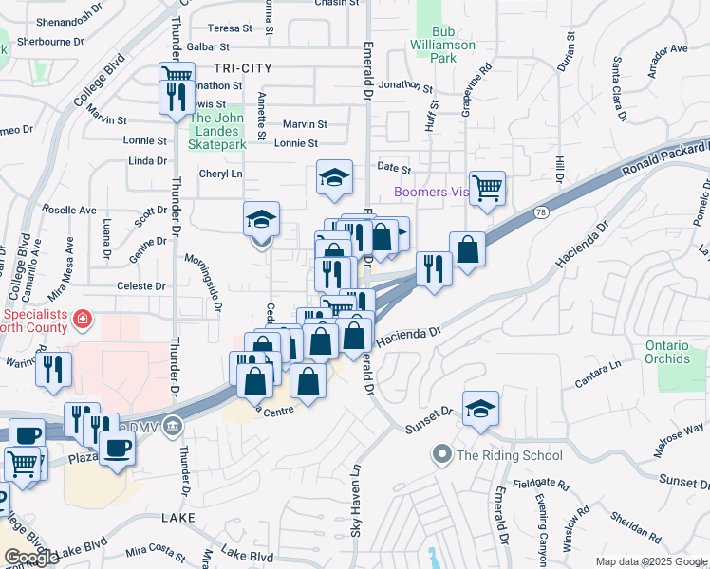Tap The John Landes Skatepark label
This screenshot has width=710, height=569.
click(x=218, y=131)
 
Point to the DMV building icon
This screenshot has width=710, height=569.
click(x=172, y=424)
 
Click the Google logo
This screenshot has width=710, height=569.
click(x=31, y=558)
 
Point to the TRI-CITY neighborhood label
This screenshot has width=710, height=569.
click(x=243, y=68)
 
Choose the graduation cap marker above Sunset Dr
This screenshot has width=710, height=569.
click(x=481, y=408)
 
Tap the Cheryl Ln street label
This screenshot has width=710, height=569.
click(x=220, y=174)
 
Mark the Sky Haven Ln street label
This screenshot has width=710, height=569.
click(x=357, y=501)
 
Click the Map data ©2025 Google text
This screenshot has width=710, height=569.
click(x=650, y=561)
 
